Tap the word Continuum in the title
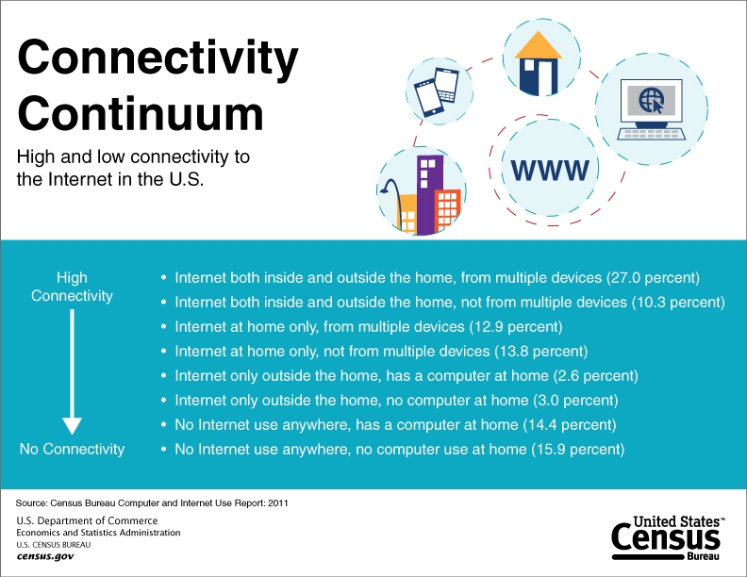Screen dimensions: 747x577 coord(140,113)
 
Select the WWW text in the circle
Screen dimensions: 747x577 coord(550,170)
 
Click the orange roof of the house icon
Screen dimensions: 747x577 coord(539,45)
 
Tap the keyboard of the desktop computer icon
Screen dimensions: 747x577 coord(651,134)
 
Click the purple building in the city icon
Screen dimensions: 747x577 coord(430,193)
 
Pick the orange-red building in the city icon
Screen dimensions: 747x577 coord(447,209)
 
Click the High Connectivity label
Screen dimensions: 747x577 coord(72,287)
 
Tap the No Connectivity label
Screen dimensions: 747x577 coord(72,449)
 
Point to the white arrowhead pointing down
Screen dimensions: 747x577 coord(72,426)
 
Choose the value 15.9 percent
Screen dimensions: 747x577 coord(579,449)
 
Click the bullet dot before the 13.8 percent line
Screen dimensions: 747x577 coord(164,352)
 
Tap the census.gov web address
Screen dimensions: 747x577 coord(45,556)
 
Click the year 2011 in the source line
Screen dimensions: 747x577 coord(278,503)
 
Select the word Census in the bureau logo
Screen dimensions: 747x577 coord(666,537)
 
